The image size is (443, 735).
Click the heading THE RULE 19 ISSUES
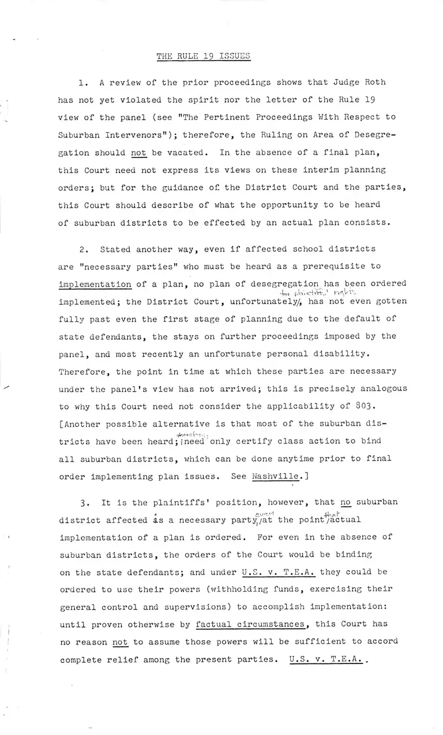click(x=204, y=56)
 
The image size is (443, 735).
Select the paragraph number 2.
click(x=82, y=249)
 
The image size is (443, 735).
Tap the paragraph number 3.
click(x=82, y=501)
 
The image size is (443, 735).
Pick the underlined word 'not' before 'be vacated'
click(x=139, y=152)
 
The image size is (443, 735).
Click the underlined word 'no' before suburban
click(x=346, y=501)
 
